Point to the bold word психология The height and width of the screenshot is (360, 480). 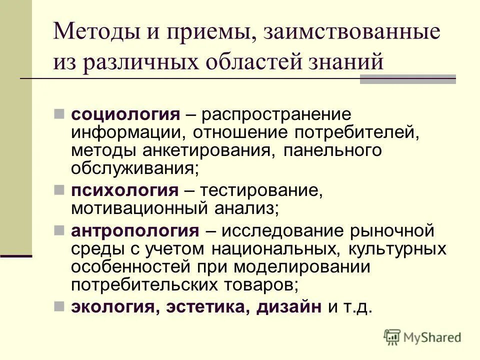(x=124, y=190)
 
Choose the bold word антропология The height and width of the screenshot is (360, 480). (x=135, y=231)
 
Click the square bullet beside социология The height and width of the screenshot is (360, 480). (x=59, y=114)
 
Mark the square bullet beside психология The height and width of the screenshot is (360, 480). (x=59, y=189)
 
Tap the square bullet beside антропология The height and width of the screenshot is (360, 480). (x=59, y=230)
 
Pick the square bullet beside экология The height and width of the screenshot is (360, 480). (x=59, y=305)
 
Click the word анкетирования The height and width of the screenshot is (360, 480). (x=208, y=150)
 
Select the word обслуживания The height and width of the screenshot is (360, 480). (x=132, y=167)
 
